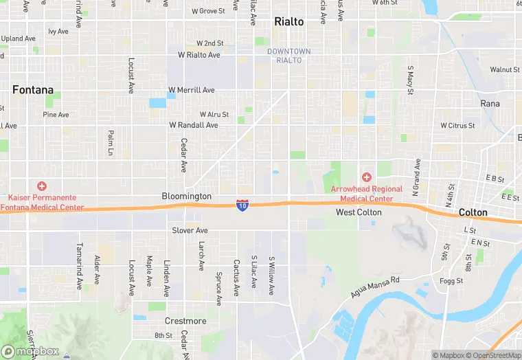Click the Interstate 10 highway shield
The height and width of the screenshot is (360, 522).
[242, 205]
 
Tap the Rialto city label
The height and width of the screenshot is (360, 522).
[288, 21]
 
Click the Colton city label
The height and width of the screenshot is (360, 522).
[473, 212]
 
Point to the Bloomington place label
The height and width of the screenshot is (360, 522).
[187, 196]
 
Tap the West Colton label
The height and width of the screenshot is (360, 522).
[359, 212]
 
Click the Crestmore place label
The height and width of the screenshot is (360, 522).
[185, 321]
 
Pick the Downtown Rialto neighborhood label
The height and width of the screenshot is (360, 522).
[288, 56]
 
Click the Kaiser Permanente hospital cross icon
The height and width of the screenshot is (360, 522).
[42, 185]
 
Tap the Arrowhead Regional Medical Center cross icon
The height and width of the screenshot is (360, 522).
[367, 177]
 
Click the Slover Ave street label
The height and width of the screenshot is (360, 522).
[190, 231]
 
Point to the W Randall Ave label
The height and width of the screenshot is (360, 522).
[194, 125]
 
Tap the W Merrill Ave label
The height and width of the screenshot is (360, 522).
[192, 90]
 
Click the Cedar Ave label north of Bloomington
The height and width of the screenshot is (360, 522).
[183, 155]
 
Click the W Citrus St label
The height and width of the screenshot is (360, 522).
[457, 126]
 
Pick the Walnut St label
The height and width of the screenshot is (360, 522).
[505, 69]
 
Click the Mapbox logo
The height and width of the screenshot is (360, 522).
[30, 351]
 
